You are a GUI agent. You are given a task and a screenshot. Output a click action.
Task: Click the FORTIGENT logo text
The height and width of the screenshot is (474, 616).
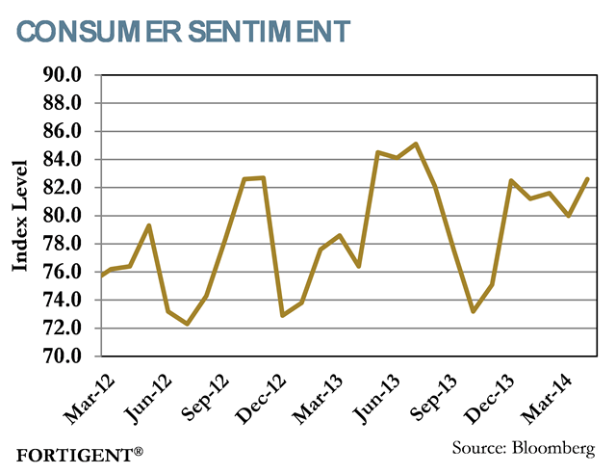73,452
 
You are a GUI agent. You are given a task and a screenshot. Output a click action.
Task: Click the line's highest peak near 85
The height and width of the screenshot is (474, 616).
415,144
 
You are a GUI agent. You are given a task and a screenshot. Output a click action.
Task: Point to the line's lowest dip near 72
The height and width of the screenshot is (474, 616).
187,324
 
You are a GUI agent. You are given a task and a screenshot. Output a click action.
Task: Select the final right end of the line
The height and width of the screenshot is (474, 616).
587,178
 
